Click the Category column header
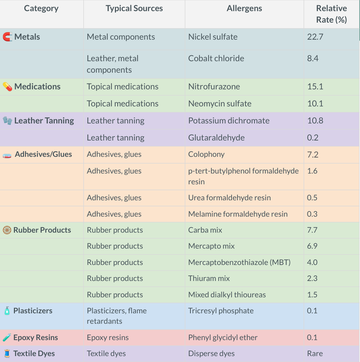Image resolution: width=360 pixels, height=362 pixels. pos(41,9)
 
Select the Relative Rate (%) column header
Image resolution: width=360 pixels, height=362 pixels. pos(331,14)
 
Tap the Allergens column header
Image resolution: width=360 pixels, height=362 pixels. pos(244,9)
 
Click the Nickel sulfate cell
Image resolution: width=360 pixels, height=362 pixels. pos(213,37)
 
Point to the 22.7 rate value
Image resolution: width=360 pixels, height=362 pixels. pos(315,37)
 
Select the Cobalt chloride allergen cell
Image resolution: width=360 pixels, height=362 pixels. pos(216,58)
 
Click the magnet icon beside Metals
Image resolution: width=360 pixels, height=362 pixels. pos(7,37)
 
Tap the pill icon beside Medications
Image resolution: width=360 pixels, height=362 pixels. pos(7,87)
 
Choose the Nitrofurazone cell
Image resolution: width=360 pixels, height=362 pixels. pos(214,87)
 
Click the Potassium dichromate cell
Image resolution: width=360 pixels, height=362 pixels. pos(229,121)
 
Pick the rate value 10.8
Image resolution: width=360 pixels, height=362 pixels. pos(315,121)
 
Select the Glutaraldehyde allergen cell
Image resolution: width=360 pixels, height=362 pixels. pos(216,138)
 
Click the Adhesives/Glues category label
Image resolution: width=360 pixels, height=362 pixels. pos(43,154)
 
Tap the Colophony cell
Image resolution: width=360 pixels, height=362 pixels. pos(206,154)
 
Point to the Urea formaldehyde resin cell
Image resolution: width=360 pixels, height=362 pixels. pos(229,198)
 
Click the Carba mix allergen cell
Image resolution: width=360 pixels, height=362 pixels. pos(205,230)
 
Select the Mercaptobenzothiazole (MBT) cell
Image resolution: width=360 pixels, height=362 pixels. pos(239,262)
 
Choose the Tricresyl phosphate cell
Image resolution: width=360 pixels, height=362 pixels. pos(221,311)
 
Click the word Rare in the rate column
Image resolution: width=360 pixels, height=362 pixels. pos(315,354)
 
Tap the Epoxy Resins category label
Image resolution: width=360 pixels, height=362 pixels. pos(36,338)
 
